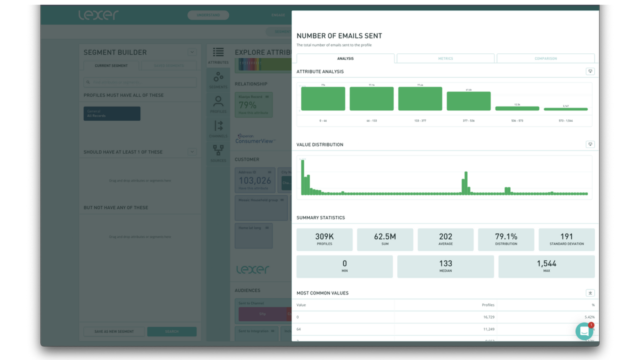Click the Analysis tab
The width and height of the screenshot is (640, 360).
[x=345, y=58]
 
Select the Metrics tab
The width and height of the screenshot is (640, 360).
[x=445, y=58]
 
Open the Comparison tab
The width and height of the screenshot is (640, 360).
[x=545, y=58]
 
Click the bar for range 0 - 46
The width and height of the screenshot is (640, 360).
[x=323, y=98]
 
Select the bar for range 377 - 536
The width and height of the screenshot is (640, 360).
[x=468, y=101]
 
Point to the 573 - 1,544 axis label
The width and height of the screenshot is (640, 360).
[x=565, y=120]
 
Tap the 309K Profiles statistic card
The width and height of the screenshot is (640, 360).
[x=324, y=239]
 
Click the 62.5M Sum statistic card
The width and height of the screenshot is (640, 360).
[x=385, y=239]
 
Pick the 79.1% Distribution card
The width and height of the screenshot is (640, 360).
[x=506, y=239]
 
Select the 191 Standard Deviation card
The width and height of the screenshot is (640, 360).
[x=566, y=239]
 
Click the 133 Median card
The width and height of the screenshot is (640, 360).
[x=445, y=266]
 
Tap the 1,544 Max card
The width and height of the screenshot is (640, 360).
[x=546, y=266]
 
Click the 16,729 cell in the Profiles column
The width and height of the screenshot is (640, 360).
[x=484, y=317]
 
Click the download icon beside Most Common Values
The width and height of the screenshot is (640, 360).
[x=590, y=293]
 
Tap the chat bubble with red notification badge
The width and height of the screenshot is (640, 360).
[x=584, y=331]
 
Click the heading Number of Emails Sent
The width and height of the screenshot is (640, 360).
[x=339, y=36]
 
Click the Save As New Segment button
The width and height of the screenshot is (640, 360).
[x=114, y=331]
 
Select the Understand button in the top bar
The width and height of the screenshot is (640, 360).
[x=208, y=15]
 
